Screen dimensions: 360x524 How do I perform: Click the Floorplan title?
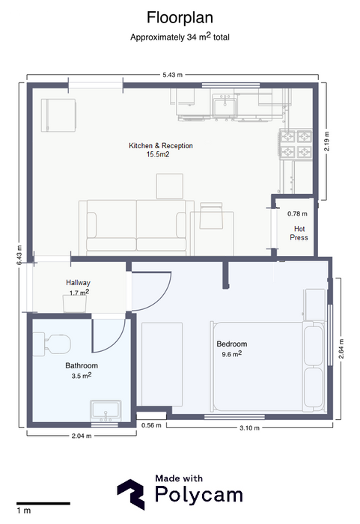coord(180,18)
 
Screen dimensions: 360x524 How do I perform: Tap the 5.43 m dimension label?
coord(172,75)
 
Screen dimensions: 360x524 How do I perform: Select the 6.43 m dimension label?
coord(19,255)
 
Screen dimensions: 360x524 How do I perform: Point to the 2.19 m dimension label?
coord(326,141)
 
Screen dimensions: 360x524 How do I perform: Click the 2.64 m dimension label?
coord(341,349)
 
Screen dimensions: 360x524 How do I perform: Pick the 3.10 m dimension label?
coord(249,427)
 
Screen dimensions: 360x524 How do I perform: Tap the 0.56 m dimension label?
coord(151,425)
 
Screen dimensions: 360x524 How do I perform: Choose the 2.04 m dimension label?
coord(82,436)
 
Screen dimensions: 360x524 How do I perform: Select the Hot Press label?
coord(299,234)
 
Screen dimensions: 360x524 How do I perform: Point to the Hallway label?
coord(78,283)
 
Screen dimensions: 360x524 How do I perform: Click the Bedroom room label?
coord(232,344)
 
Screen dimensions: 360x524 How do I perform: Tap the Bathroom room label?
coord(82,365)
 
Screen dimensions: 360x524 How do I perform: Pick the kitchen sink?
coord(225,106)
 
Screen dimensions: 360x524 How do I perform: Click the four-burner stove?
coord(296,144)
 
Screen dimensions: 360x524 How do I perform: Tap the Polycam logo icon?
coord(131,494)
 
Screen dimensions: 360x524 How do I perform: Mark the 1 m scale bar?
coord(43,503)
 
